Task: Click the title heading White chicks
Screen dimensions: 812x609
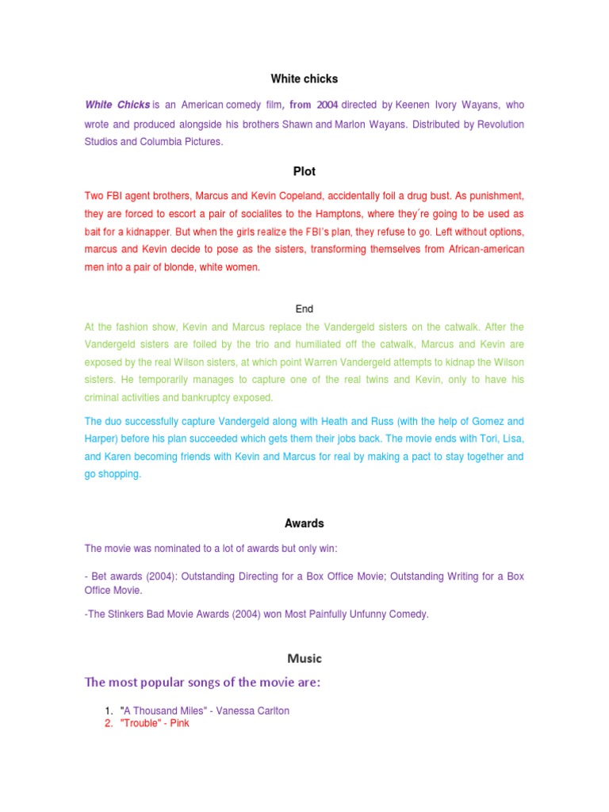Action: click(304, 79)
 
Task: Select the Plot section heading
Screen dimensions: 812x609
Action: click(304, 171)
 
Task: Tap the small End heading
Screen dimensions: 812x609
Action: click(304, 309)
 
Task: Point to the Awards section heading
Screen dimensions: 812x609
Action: click(304, 523)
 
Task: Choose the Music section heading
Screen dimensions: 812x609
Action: click(304, 658)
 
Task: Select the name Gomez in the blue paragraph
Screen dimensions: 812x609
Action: click(480, 421)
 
